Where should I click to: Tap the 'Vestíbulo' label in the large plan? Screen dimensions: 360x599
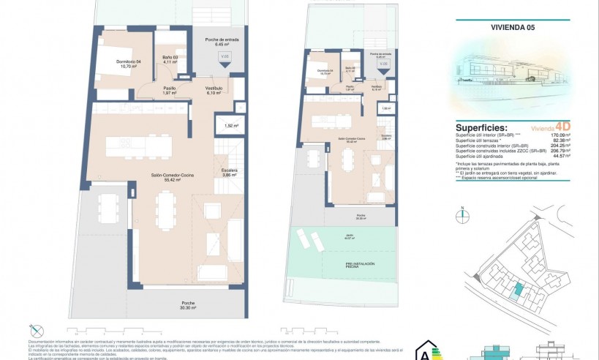click(213, 91)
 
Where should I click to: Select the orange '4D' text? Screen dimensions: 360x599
click(564, 126)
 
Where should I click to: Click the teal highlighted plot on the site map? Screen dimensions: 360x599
click(518, 290)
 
